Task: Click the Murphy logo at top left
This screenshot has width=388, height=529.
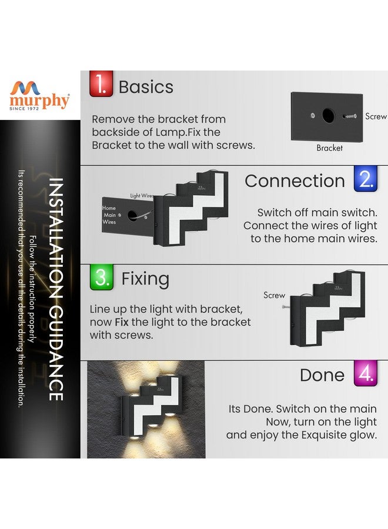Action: [x=40, y=95]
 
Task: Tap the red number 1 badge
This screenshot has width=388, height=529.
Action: [x=101, y=84]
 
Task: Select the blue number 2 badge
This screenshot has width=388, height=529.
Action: [x=366, y=179]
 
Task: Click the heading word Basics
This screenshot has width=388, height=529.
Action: [x=146, y=87]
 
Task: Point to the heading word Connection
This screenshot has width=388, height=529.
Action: [x=295, y=181]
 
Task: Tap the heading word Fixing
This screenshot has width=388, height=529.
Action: [x=145, y=279]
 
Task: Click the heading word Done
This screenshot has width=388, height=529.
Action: [x=322, y=376]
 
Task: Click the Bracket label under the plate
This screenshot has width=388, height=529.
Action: [x=329, y=148]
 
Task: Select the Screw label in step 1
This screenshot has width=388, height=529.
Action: [x=376, y=116]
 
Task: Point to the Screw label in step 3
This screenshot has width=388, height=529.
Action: [x=274, y=295]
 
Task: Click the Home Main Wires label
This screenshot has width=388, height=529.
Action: [x=109, y=215]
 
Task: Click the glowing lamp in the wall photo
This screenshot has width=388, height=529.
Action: [x=150, y=406]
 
